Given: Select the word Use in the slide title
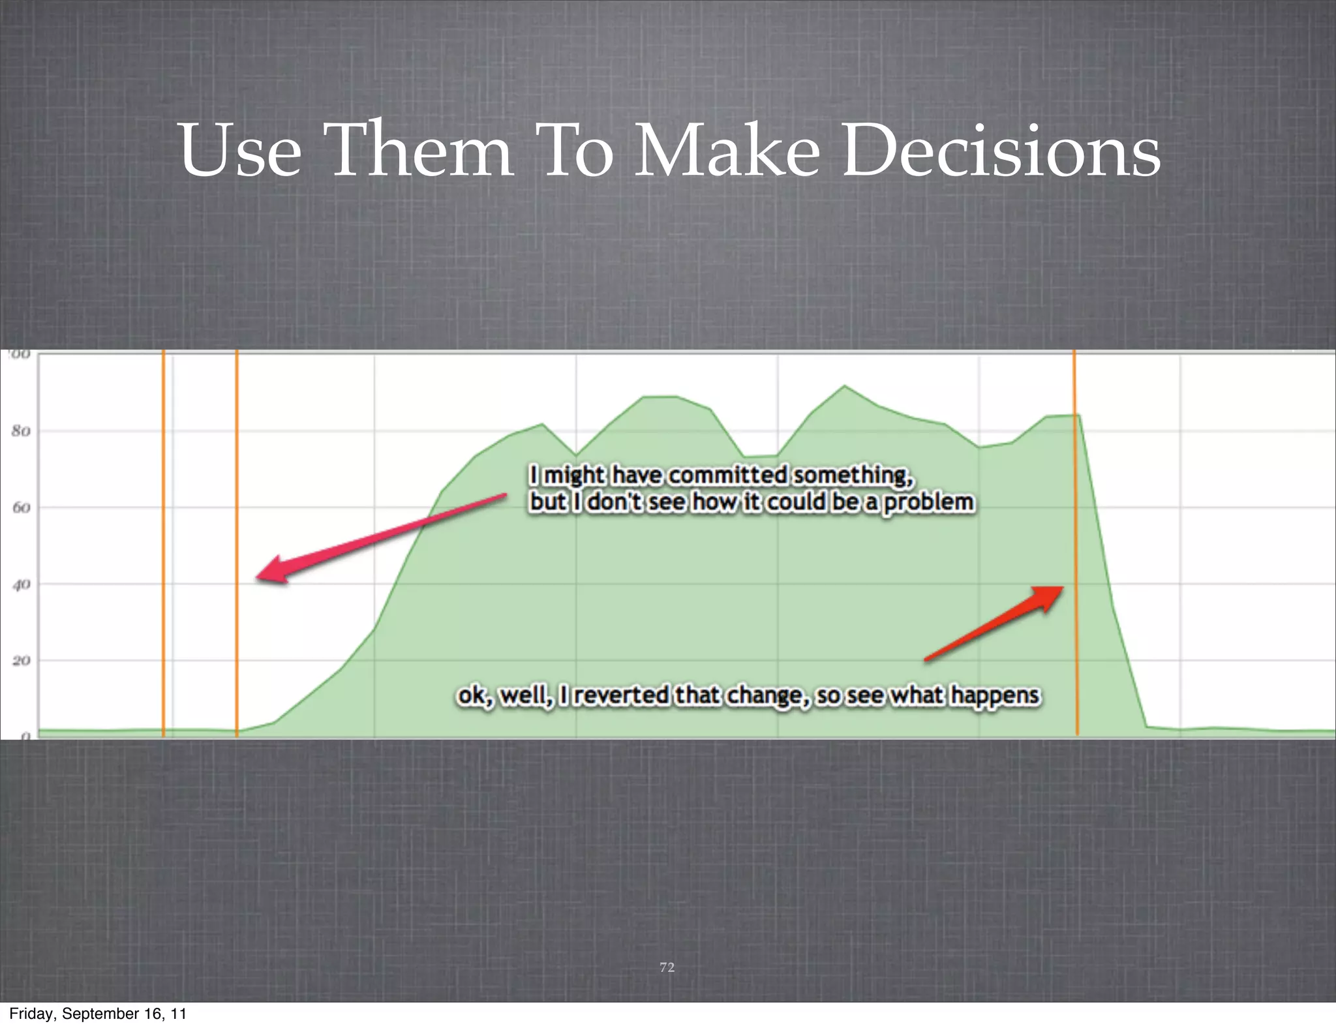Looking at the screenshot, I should click(x=240, y=151).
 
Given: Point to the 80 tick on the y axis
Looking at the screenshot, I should click(x=21, y=431).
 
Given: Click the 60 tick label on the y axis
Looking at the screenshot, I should click(x=21, y=507).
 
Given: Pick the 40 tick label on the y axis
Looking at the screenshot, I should click(x=21, y=584).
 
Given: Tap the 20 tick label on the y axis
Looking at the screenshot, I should click(x=21, y=661).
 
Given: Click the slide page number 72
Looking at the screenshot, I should click(x=667, y=967).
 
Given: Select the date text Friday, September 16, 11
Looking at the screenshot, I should click(x=98, y=1014).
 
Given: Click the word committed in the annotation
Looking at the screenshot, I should click(x=727, y=475).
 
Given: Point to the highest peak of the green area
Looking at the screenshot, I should click(x=845, y=386).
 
